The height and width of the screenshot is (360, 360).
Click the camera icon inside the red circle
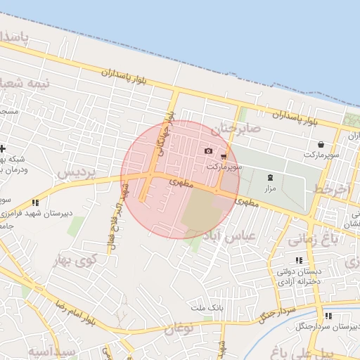(209, 150)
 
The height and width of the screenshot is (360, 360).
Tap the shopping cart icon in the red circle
(224, 156)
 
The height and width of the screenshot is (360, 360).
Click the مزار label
(271, 189)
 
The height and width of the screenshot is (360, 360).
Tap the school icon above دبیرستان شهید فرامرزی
(35, 202)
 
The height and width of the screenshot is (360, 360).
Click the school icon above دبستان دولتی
(299, 259)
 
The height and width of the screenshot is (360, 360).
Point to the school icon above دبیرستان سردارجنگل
(328, 315)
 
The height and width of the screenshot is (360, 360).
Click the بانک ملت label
(207, 308)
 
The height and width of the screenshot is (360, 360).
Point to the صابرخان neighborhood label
(236, 129)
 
